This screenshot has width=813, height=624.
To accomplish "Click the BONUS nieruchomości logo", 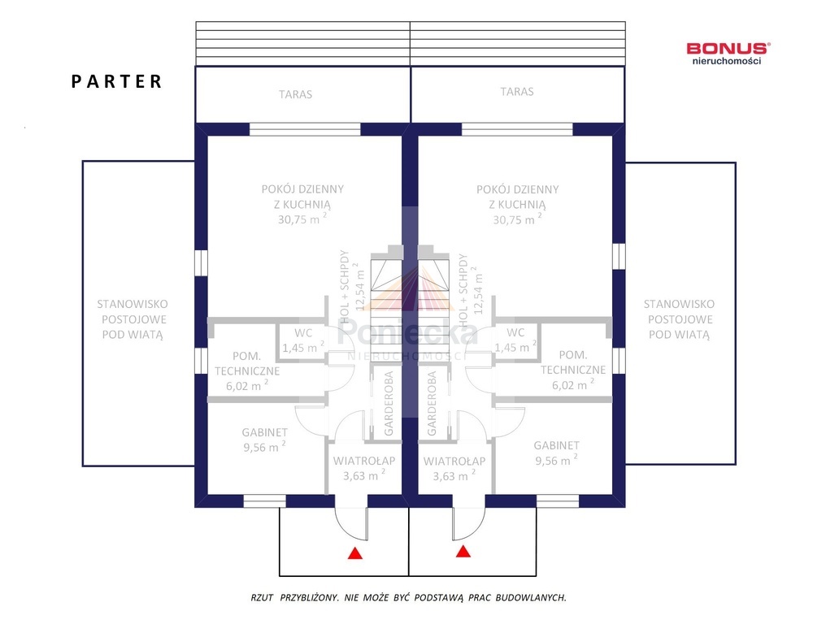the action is tap(728, 54).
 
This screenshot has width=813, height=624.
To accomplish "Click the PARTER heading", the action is tap(116, 82).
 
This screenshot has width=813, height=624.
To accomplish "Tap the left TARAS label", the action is tap(296, 94).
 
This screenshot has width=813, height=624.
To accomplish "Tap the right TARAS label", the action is tap(517, 92).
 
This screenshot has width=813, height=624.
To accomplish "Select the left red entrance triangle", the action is tap(355, 553).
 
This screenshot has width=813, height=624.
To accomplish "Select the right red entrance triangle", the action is tap(463, 551).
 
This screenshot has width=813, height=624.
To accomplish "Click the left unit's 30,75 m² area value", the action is tap(302, 219).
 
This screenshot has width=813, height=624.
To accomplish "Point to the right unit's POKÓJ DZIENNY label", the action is tap(517, 189).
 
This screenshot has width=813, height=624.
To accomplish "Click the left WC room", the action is tap(302, 341).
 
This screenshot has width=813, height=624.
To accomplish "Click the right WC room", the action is tap(515, 340).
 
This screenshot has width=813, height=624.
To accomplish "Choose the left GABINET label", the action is tap(264, 432).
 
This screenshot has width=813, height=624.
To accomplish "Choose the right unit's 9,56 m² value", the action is tap(556, 460).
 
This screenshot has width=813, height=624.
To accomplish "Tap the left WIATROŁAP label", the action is tap(364, 461).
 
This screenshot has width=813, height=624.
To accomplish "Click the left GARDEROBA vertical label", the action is tap(389, 404).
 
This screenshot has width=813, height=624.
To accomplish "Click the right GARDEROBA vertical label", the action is tap(432, 404).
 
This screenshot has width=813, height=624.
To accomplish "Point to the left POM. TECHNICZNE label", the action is tap(247, 364).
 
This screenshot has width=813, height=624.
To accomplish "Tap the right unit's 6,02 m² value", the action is tap(573, 384).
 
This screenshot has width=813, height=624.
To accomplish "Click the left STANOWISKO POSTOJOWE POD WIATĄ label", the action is tap(133, 319).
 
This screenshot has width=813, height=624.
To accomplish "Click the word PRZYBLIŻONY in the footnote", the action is tap(309, 597).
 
